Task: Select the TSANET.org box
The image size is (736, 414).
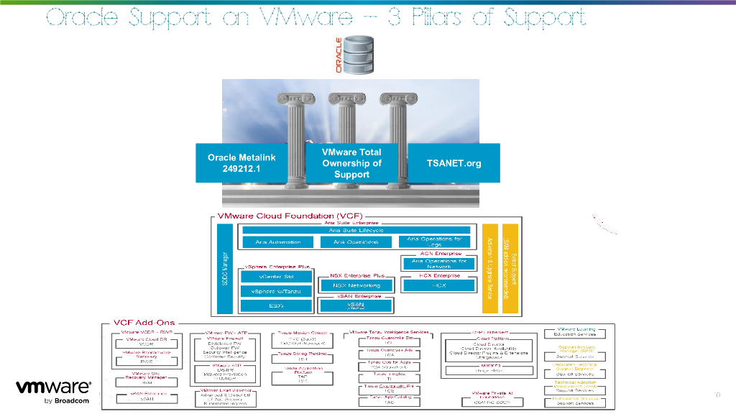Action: (454, 163)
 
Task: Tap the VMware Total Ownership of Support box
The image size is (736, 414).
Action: (351, 163)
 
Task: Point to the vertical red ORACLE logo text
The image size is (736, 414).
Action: (339, 55)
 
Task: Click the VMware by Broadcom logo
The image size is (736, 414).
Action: (53, 392)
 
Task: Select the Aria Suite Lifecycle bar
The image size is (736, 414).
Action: (356, 230)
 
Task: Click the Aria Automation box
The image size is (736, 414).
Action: (278, 242)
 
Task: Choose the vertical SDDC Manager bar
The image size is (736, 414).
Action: (225, 268)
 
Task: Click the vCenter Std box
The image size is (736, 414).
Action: (276, 276)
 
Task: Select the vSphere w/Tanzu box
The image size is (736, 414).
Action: (276, 291)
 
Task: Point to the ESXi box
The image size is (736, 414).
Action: (276, 305)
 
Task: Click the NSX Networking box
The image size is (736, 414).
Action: (356, 285)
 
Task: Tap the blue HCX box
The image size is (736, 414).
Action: (438, 285)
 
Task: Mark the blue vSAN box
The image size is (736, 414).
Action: (356, 305)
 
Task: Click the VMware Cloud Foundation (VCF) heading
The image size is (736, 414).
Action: (290, 216)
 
